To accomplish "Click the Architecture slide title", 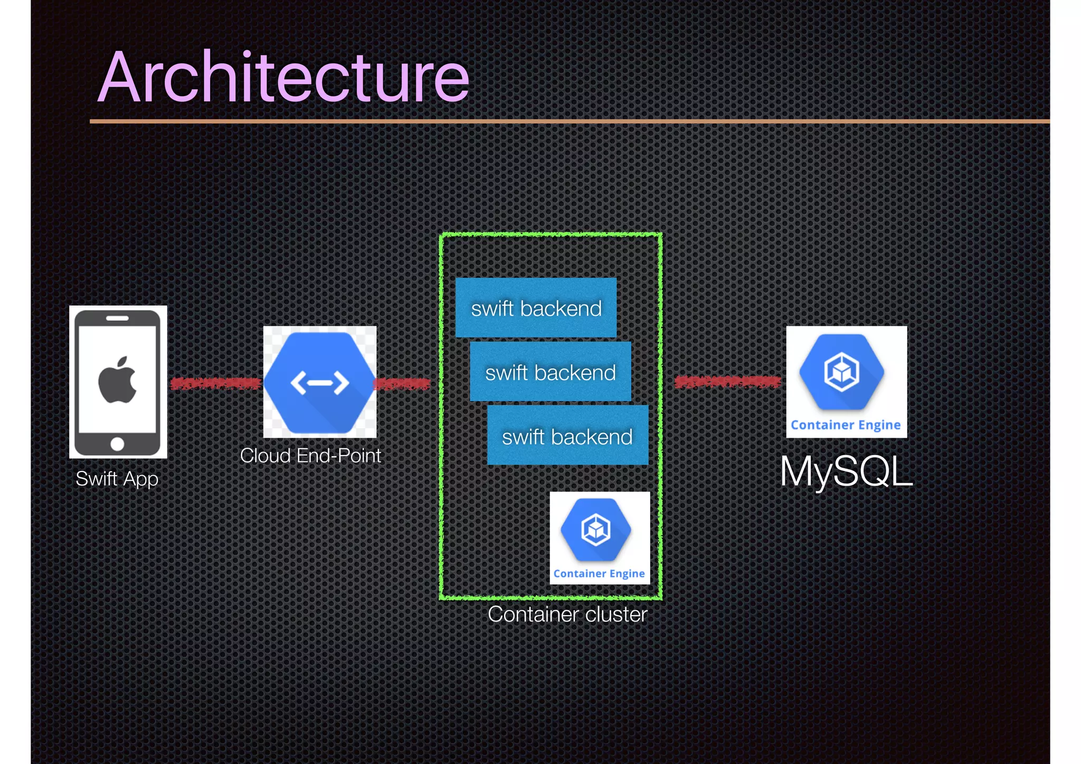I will (283, 77).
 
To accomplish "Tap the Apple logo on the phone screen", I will (118, 380).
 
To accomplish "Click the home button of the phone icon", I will (117, 444).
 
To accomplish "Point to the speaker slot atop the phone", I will (117, 318).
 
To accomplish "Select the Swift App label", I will (117, 479).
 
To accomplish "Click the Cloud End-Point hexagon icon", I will (319, 382).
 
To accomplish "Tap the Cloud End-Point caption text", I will (310, 456).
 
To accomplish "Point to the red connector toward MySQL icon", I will (727, 382).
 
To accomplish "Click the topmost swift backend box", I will (536, 308).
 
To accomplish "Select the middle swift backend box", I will (551, 372).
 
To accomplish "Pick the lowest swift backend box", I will (567, 436).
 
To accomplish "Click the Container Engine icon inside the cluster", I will (596, 530).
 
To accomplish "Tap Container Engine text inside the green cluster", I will (599, 573).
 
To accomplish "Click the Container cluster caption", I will (567, 615).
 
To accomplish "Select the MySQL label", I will (846, 471).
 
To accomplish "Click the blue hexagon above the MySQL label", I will (842, 372).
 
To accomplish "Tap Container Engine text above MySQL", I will (846, 425).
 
